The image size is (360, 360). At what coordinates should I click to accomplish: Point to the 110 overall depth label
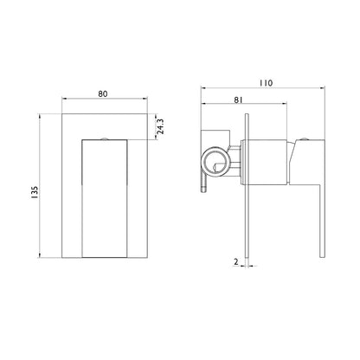click(265, 83)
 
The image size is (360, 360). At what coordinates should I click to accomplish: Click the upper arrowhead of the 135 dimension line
click(44, 112)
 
